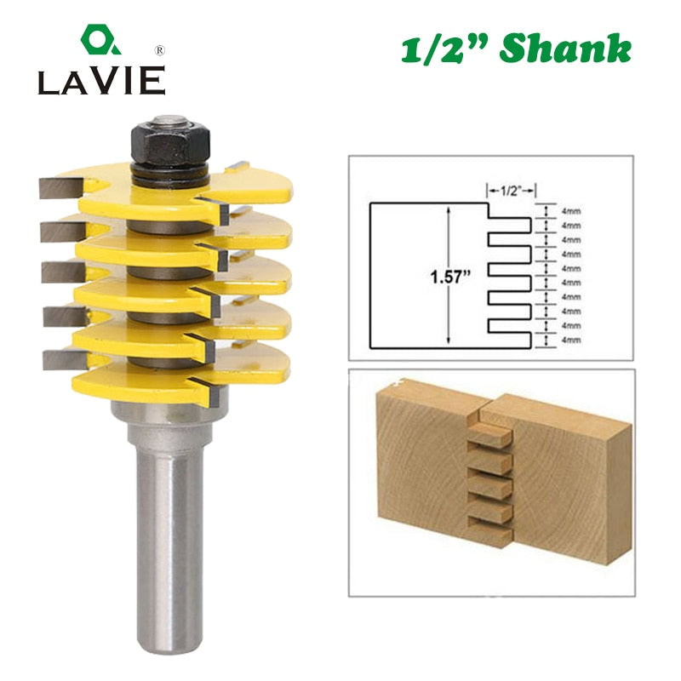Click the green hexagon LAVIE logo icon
click(x=100, y=39)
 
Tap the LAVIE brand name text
click(x=101, y=80)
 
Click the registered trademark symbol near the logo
click(x=160, y=51)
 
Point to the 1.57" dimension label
click(x=450, y=277)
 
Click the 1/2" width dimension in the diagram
click(x=511, y=191)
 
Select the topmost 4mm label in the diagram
click(x=571, y=211)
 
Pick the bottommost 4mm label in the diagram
click(x=571, y=340)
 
